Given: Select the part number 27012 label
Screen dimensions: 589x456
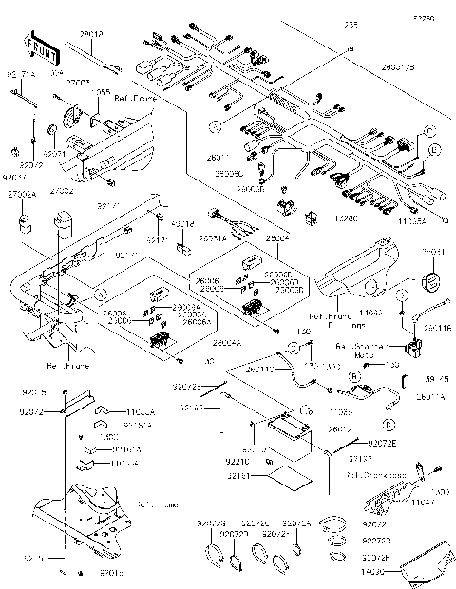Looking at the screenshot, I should tap(92, 34).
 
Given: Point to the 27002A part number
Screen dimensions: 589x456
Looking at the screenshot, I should tap(22, 194).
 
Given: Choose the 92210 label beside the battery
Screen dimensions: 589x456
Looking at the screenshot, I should tap(237, 460).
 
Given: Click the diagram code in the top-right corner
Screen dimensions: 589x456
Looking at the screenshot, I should tap(422, 17).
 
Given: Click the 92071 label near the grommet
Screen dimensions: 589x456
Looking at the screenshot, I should tap(54, 153).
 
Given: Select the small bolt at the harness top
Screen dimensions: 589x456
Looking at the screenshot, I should tap(351, 46).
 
